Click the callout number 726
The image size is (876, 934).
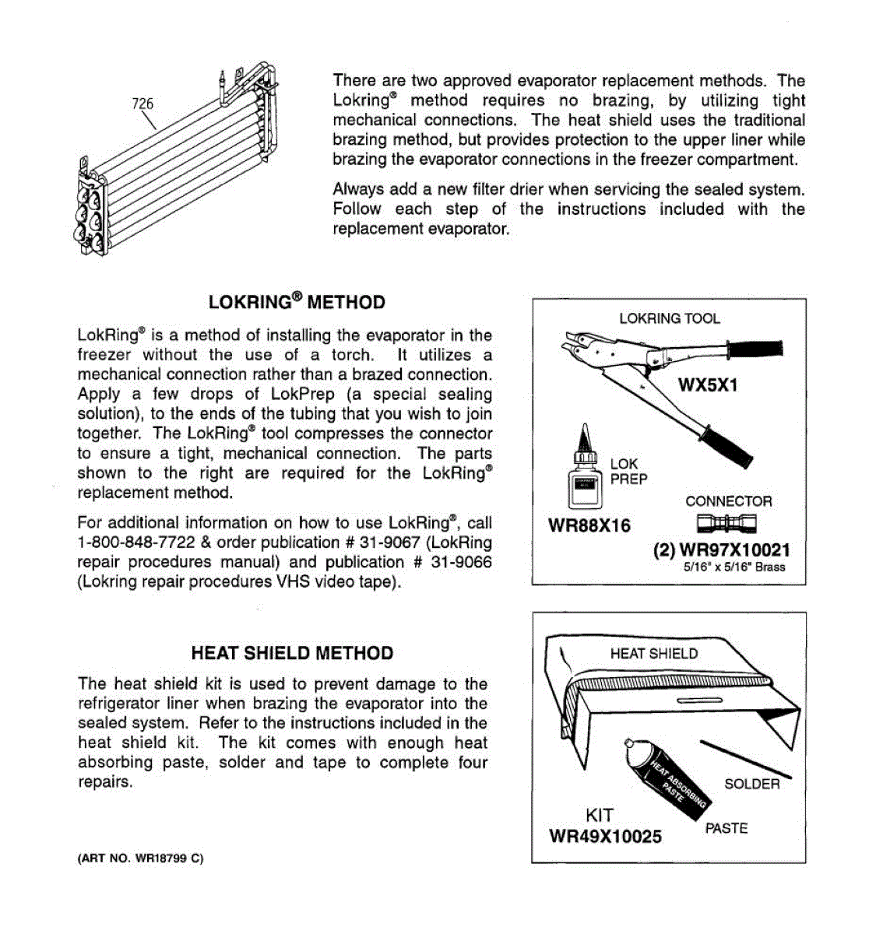[x=142, y=104]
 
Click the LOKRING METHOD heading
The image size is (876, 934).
[x=297, y=302]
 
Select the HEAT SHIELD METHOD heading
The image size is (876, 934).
[x=292, y=653]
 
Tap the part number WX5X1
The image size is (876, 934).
[x=707, y=385]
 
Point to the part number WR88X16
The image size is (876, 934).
[x=589, y=525]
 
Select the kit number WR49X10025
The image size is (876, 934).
[x=605, y=837]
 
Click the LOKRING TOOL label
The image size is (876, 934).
[x=669, y=318]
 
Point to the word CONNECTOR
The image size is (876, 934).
[x=729, y=501]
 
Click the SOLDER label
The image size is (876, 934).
[x=751, y=784]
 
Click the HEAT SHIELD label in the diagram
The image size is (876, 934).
[x=653, y=654]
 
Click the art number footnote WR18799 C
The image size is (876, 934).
[x=140, y=859]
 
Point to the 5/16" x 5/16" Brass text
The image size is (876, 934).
[x=734, y=567]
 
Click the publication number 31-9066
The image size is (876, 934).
[x=460, y=562]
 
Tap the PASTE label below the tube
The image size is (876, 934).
[x=726, y=828]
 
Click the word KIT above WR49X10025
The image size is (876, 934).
[x=600, y=815]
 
